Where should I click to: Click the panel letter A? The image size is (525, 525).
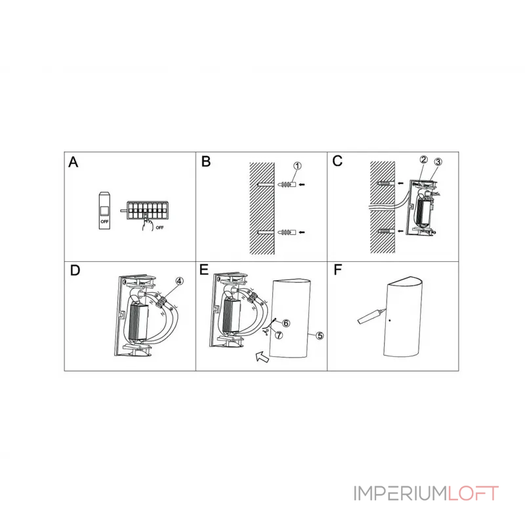click(x=73, y=162)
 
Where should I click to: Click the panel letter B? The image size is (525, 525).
click(x=206, y=161)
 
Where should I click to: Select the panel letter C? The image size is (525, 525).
click(x=337, y=161)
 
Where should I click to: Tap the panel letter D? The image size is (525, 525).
click(x=75, y=270)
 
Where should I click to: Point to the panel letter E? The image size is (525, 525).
click(x=204, y=270)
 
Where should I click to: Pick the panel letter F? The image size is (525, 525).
click(x=338, y=270)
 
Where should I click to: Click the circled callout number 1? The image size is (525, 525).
click(x=297, y=166)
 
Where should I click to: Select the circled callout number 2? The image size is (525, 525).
click(x=424, y=159)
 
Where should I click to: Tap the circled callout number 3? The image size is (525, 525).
click(x=438, y=161)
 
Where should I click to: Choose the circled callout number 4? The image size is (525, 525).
click(x=179, y=281)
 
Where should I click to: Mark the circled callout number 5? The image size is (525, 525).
click(x=320, y=335)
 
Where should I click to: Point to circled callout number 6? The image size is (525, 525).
click(x=286, y=323)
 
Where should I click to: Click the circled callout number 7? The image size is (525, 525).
click(x=279, y=335)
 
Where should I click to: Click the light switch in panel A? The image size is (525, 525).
click(x=104, y=211)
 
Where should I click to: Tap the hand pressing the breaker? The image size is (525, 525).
click(x=147, y=222)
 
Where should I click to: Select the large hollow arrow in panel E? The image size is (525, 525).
click(x=262, y=357)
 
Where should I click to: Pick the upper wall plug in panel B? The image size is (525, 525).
click(x=287, y=184)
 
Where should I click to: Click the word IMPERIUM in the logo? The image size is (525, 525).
click(x=400, y=493)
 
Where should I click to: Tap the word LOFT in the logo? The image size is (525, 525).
click(x=473, y=493)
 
